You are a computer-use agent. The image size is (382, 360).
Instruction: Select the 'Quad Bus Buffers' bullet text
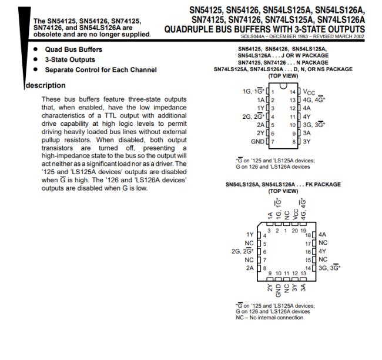73,49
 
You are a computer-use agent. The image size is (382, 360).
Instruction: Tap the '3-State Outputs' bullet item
70,59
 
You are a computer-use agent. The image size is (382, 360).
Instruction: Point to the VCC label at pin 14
309,92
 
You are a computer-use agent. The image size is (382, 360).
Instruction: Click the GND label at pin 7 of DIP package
257,142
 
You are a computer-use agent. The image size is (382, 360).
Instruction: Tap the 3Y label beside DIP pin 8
307,142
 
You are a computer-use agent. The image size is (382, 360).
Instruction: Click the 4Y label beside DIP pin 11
307,117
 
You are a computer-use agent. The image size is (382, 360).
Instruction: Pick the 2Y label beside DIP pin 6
261,134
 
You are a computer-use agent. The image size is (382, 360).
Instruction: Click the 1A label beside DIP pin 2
261,101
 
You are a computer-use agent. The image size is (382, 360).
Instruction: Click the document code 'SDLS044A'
253,35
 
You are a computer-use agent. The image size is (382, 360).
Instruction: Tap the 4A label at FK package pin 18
321,234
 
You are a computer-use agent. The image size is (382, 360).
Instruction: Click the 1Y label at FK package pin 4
250,234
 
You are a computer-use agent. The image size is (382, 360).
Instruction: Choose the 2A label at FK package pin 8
250,268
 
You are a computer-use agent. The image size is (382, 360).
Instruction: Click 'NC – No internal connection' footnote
270,318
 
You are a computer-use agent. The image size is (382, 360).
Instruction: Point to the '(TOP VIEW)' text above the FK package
283,191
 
